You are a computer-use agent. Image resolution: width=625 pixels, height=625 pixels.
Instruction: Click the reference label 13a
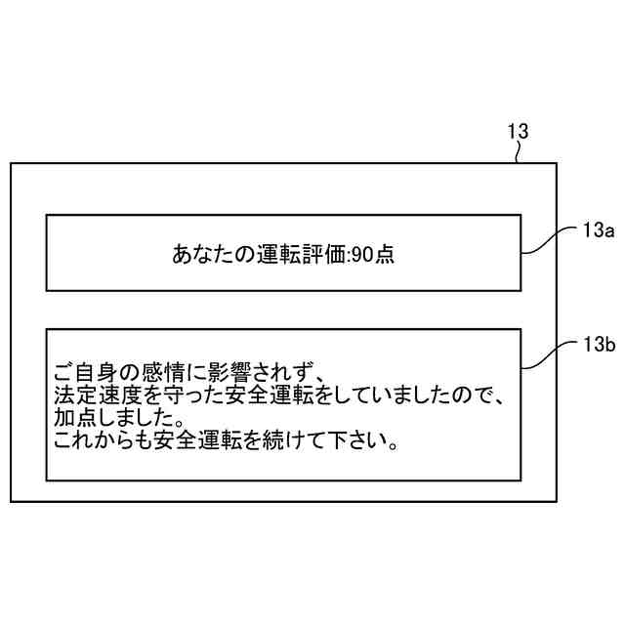tap(597, 230)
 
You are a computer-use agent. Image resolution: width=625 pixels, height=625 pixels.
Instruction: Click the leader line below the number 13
tap(523, 151)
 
